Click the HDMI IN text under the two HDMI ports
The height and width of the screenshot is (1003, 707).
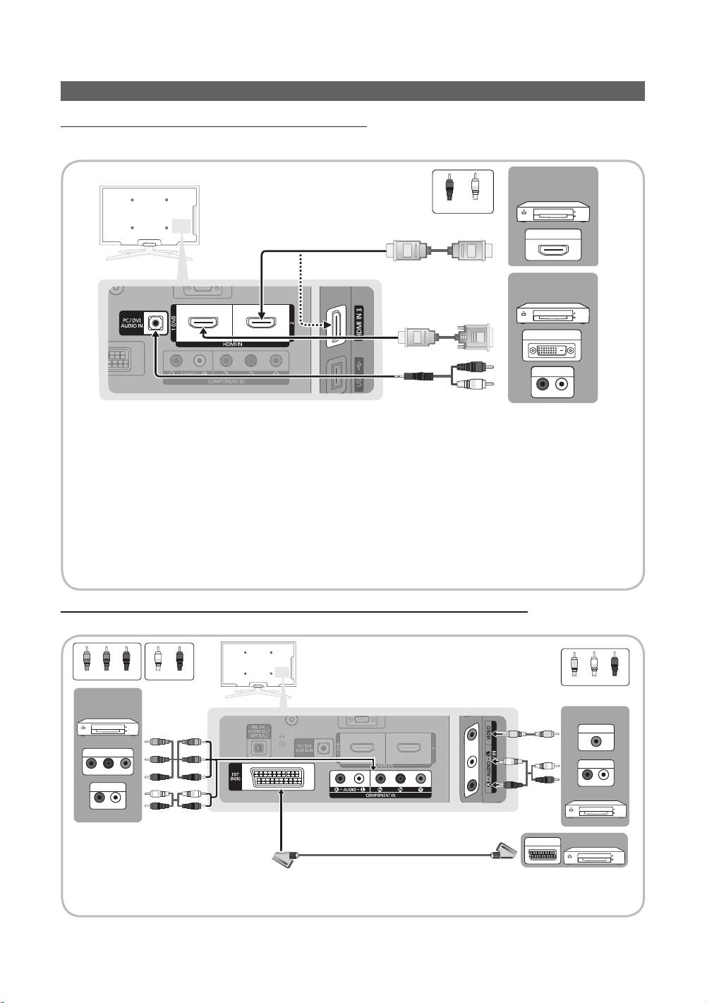[x=233, y=343]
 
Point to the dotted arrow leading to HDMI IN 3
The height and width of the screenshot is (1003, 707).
[x=302, y=296]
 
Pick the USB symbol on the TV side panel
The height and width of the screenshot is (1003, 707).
[x=360, y=366]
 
